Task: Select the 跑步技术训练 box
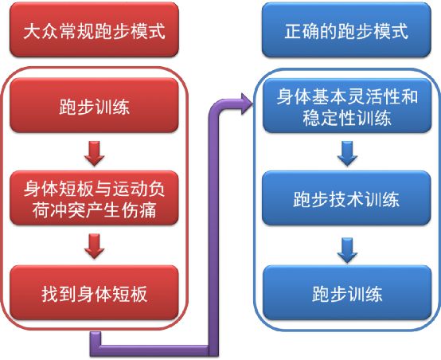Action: [x=346, y=198]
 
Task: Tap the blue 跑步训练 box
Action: [x=346, y=293]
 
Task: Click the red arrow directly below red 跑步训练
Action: [x=95, y=151]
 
